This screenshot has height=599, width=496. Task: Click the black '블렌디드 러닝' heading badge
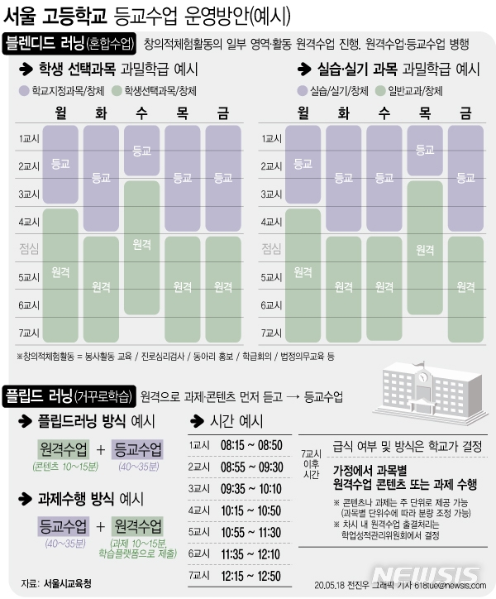pos(69,43)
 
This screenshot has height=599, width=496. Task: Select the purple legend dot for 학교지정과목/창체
pos(23,90)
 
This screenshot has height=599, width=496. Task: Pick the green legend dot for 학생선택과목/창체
pos(117,90)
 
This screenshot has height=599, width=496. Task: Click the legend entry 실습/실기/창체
pos(333,90)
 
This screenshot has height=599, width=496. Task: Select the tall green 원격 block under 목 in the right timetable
pos(425,248)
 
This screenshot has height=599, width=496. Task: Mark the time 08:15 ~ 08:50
pos(253,446)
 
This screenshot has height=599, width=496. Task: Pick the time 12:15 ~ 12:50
pos(253,573)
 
